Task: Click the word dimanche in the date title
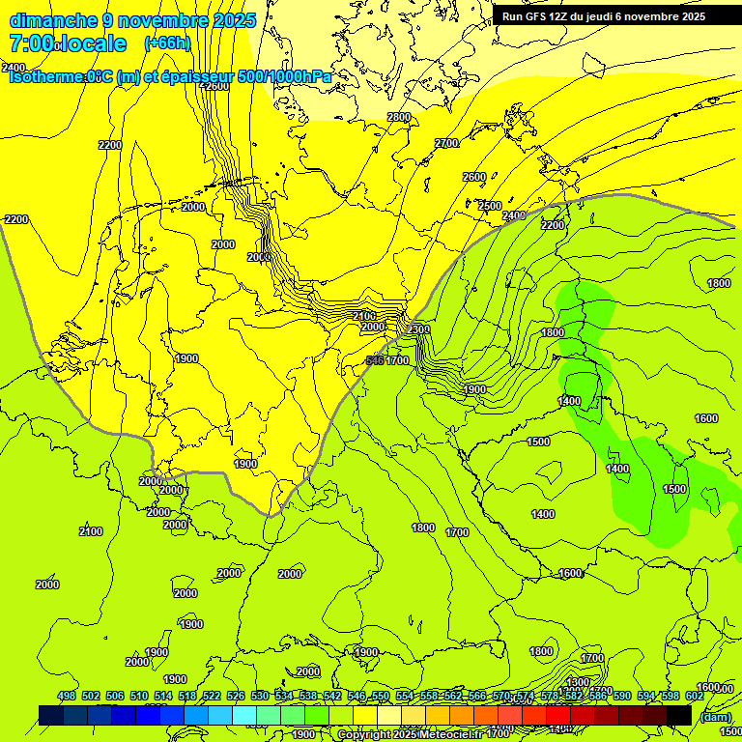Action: tap(53, 20)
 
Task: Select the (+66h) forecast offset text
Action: tap(167, 43)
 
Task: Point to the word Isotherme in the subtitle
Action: tap(48, 77)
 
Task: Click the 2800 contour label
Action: tap(399, 117)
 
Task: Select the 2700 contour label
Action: tap(446, 143)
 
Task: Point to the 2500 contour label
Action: tap(490, 206)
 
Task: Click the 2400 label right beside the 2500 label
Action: tap(514, 215)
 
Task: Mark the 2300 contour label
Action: tap(418, 329)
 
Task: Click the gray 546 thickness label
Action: tap(376, 360)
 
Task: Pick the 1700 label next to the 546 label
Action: tap(398, 360)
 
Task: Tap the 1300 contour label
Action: tap(578, 682)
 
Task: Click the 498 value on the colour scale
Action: tap(67, 696)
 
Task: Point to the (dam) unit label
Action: tap(714, 718)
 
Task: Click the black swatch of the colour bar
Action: tap(679, 715)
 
